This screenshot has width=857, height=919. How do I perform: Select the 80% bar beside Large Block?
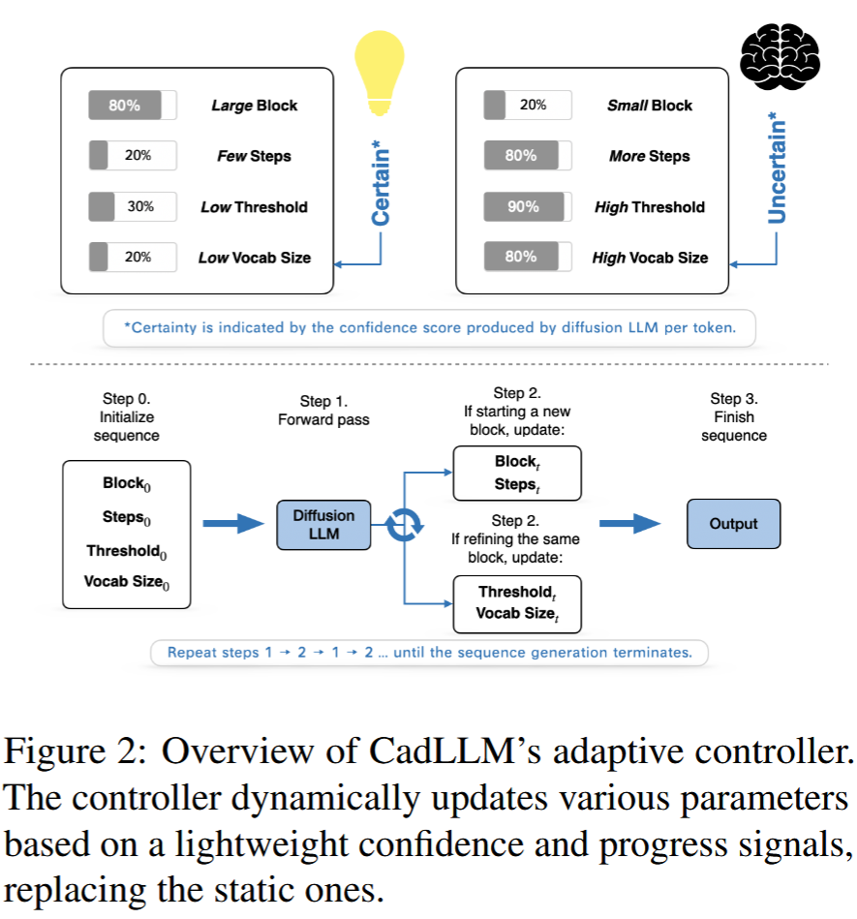coord(133,106)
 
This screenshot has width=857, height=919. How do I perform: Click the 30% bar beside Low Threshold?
coord(133,206)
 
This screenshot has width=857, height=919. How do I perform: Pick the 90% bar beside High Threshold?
coord(528,206)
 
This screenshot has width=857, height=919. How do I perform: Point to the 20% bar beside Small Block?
coord(528,106)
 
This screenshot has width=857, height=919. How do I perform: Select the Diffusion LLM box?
coord(323,524)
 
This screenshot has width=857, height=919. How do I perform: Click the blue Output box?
coord(733,524)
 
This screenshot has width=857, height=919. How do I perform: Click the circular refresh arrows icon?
coord(402,525)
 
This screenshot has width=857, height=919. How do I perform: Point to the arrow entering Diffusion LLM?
coord(233,524)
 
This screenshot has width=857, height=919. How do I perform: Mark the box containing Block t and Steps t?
coord(516,473)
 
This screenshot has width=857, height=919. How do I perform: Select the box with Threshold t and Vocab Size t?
coord(516,602)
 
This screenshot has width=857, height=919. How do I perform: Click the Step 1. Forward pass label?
coord(322,409)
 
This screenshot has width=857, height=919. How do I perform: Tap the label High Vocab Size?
coord(650,258)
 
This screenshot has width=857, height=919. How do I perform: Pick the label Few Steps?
coord(254,156)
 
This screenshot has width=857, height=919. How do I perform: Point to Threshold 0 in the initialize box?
coord(126,551)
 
